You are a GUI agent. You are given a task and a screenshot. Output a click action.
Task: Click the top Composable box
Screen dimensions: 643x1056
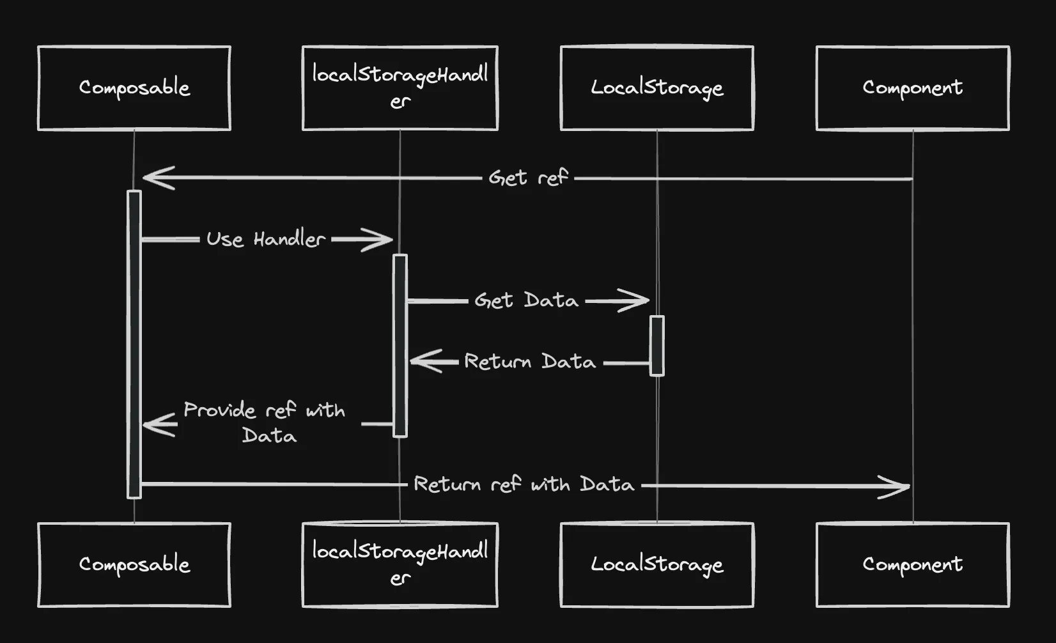point(134,88)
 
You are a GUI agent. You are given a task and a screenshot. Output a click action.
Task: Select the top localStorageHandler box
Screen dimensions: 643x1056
point(400,88)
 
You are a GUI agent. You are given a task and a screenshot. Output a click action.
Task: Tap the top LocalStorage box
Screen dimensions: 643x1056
point(657,88)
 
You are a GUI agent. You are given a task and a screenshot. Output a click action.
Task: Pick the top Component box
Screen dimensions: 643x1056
point(913,88)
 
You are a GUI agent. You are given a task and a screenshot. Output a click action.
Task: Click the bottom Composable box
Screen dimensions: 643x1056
point(134,565)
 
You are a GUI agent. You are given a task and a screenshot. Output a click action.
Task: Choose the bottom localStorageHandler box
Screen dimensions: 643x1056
point(400,565)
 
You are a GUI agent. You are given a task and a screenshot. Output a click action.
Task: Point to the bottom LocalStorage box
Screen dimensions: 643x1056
point(657,565)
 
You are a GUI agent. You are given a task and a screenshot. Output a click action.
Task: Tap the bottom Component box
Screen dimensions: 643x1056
point(913,565)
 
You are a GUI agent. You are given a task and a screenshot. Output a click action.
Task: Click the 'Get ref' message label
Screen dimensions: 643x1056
point(528,178)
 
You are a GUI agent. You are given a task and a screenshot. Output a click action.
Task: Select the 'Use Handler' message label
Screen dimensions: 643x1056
point(265,240)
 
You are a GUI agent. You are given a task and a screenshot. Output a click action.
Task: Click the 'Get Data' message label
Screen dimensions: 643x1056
point(526,300)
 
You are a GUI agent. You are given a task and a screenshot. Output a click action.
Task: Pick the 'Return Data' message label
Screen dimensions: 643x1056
point(530,362)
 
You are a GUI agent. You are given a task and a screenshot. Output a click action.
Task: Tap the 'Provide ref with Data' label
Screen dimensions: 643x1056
point(265,422)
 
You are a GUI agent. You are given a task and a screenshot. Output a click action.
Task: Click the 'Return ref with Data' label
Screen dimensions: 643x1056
point(524,484)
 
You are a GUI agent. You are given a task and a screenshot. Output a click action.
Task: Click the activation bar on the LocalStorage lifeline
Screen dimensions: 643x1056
point(657,346)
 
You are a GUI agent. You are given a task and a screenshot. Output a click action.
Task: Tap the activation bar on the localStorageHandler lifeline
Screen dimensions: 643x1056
point(400,346)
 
